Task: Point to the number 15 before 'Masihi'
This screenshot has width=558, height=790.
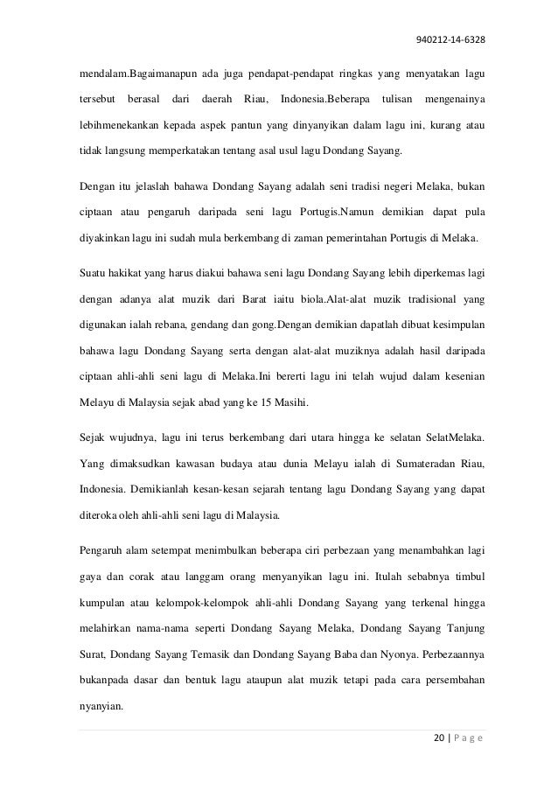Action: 241,406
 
